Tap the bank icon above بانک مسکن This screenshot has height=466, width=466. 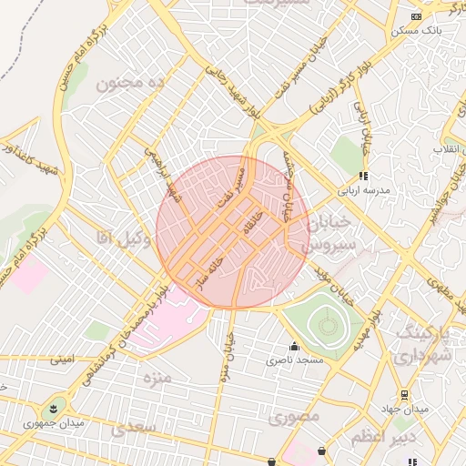(417, 16)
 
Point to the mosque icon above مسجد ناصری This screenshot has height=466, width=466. (293, 347)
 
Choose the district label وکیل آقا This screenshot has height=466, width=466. (123, 238)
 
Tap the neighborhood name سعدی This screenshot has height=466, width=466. (133, 427)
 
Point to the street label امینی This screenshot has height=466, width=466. (62, 360)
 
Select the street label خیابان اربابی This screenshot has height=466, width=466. (364, 127)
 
